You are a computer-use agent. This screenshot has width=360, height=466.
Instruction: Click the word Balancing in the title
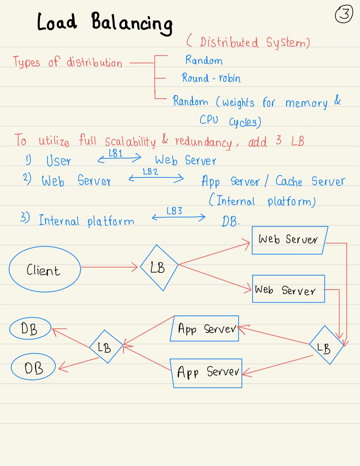pos(132,23)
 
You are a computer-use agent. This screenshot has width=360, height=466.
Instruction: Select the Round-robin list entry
pos(211,78)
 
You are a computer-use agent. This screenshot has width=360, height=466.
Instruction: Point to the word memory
pos(306,103)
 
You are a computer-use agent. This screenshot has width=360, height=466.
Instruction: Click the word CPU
pos(209,120)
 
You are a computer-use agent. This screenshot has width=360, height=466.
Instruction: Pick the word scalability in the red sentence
pos(130,142)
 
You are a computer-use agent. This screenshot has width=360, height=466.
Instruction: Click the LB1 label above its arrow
pos(115,154)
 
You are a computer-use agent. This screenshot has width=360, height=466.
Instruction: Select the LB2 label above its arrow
pos(150,172)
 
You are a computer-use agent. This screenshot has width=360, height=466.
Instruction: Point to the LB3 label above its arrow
pos(174,211)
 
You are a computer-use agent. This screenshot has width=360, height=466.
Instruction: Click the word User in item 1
pos(58,161)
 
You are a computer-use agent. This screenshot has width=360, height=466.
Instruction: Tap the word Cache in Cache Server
pos(289,181)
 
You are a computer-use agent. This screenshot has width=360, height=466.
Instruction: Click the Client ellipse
pos(44,270)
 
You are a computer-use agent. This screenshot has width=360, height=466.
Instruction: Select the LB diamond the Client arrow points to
pos(159,268)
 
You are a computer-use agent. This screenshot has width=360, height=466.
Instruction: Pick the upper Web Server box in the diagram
pos(289,240)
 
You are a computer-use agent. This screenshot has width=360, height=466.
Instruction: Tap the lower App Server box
pos(207,372)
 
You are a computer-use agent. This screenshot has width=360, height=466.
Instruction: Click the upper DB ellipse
pos(30,329)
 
